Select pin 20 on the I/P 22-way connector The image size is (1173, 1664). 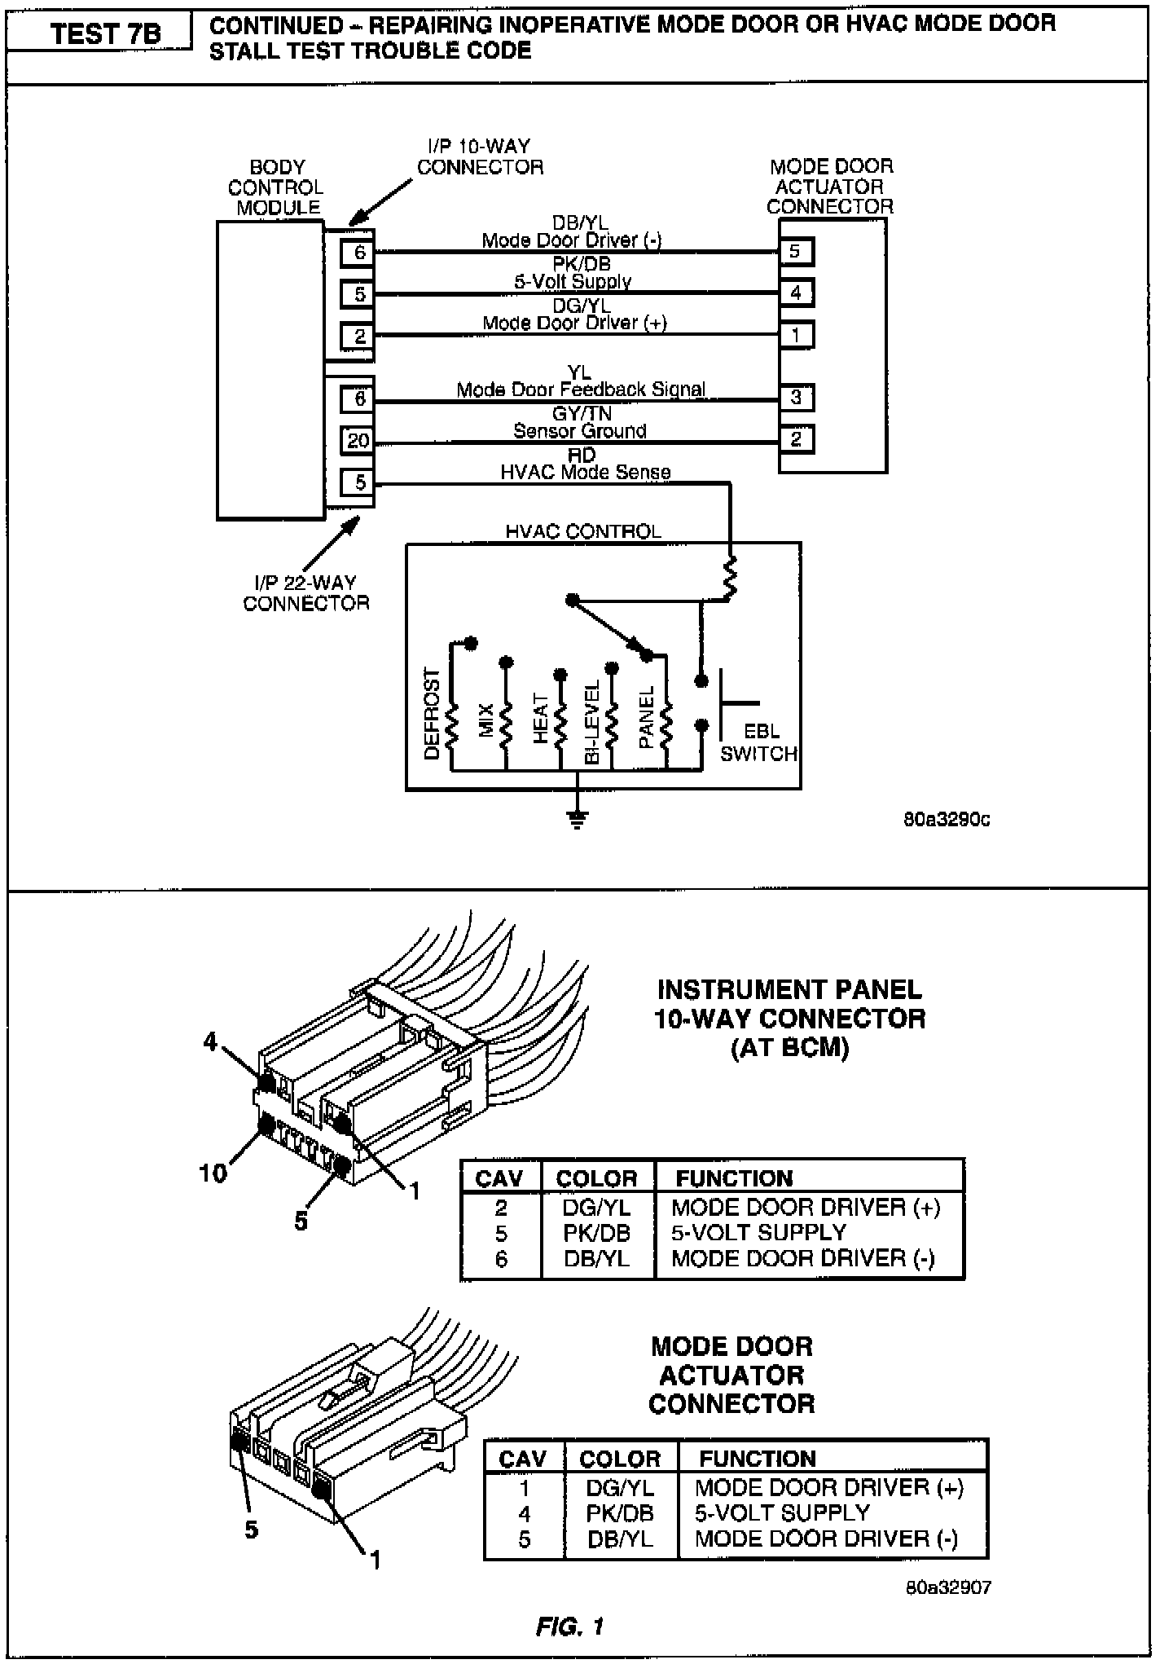pos(358,441)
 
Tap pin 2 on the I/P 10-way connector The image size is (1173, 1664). pos(359,335)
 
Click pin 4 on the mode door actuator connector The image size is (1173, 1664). pos(796,293)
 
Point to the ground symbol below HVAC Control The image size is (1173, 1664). pos(578,819)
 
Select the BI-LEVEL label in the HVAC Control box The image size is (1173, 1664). pos(593,721)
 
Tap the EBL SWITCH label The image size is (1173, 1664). pos(759,743)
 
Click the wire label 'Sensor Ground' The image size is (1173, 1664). pos(579,431)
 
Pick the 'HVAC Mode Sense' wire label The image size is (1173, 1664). pos(585,472)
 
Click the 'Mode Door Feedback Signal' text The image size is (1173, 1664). pos(581,390)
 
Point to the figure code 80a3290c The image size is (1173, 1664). pos(947,820)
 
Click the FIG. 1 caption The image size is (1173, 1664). pos(570,1627)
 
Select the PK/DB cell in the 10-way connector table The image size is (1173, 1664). pos(596,1233)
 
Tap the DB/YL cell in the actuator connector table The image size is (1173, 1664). pos(620,1539)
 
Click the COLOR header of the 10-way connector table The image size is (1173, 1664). pos(596,1178)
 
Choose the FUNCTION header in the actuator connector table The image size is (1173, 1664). pos(758,1459)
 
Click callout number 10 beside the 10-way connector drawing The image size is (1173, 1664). pos(213,1173)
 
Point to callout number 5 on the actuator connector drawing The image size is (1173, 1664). pos(252,1530)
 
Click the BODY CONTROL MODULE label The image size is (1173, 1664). pos(276,187)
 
